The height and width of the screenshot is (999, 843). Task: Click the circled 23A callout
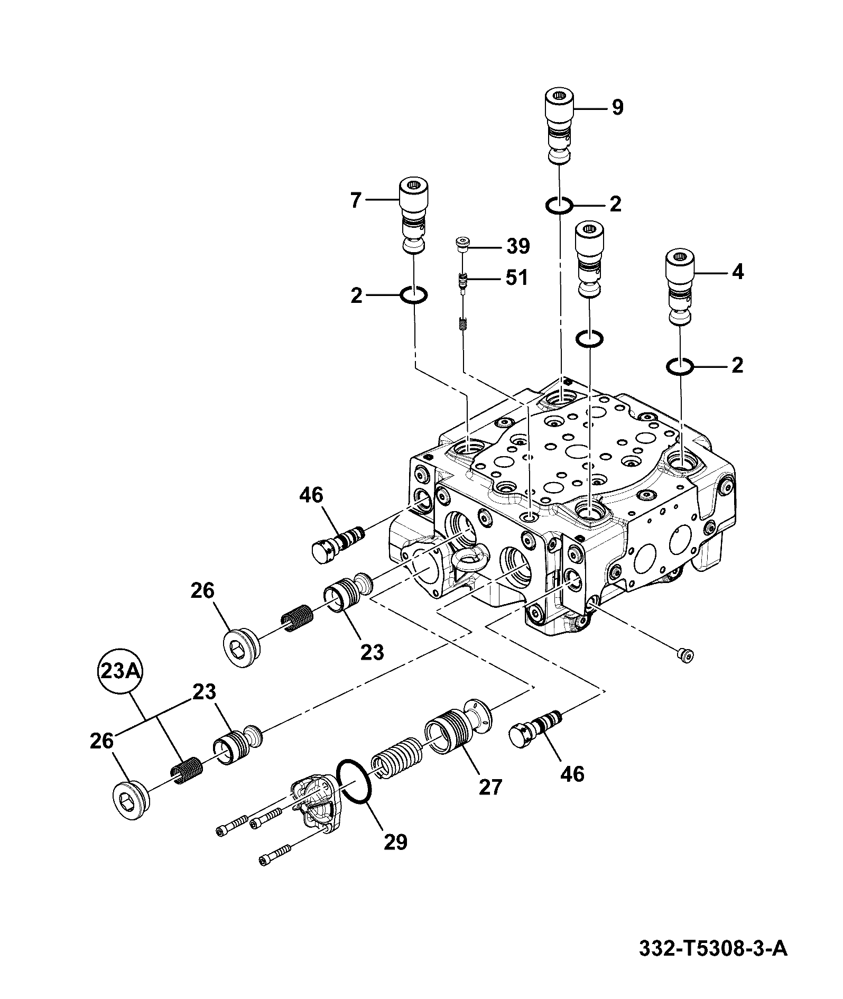pyautogui.click(x=121, y=672)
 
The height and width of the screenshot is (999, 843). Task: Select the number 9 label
pyautogui.click(x=617, y=108)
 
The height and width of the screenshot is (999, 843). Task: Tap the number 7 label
pyautogui.click(x=355, y=200)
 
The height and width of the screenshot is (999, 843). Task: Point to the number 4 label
pyautogui.click(x=737, y=272)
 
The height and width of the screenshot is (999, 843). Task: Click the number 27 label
pyautogui.click(x=490, y=787)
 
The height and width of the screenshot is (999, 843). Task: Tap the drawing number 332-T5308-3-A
pyautogui.click(x=713, y=949)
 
